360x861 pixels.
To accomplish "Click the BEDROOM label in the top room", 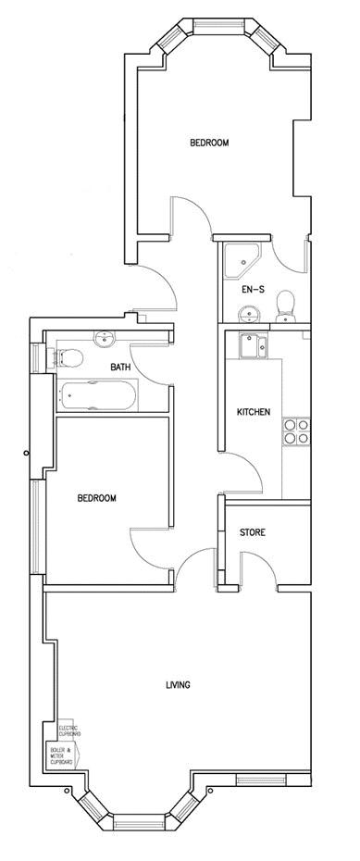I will pos(209,143).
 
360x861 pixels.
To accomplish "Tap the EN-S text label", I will pos(253,290).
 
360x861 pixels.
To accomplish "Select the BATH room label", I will pos(120,368).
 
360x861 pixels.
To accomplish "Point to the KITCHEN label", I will pos(253,412).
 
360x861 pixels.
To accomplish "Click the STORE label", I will pos(253,532).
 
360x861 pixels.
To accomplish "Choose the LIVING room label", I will pos(178,685).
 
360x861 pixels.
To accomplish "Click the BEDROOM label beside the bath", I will pos(96,498).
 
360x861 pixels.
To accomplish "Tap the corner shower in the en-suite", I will pos(240,258).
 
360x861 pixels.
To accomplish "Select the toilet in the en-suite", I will pos(287,304).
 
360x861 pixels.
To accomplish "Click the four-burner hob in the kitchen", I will pos(296,432).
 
